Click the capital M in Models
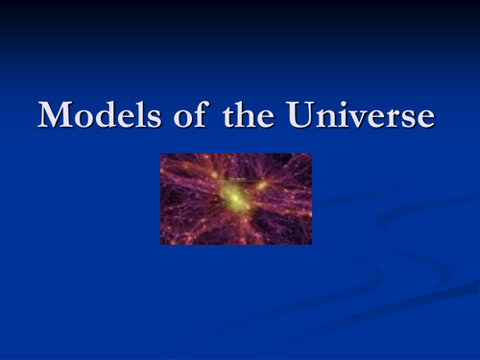click(x=56, y=115)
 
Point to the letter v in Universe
click(x=346, y=118)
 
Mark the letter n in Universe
click(x=319, y=118)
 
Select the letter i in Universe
click(x=333, y=115)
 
